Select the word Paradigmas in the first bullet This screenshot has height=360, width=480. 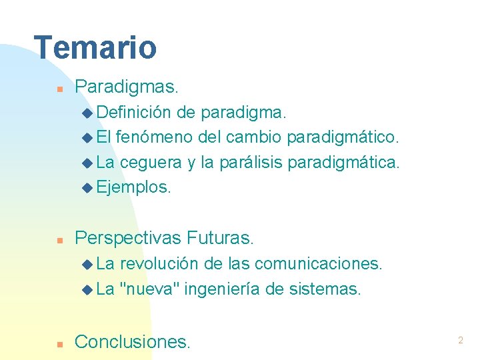coord(125,87)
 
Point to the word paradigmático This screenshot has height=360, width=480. coord(343,137)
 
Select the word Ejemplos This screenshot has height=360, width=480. coord(133,187)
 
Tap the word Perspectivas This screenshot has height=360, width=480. coord(129,237)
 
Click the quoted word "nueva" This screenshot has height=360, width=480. coord(149,289)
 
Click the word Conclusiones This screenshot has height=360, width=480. coord(132,342)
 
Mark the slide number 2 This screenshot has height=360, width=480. coord(460,341)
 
